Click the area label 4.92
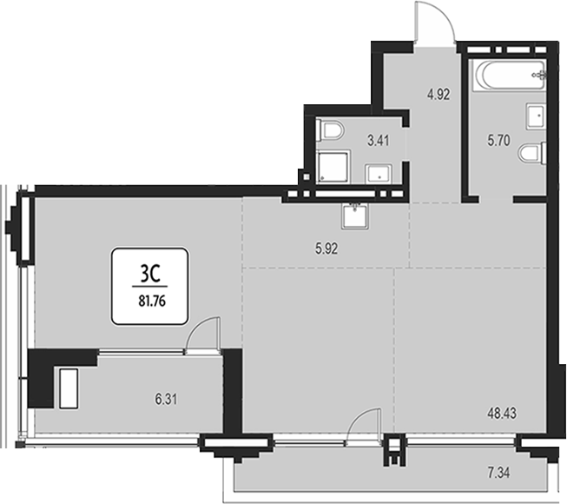tap(438, 95)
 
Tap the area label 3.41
tap(379, 141)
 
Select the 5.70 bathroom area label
tap(498, 140)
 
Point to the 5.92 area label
tap(326, 249)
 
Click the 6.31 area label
tap(166, 400)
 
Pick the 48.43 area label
tap(502, 413)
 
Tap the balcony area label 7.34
tap(498, 473)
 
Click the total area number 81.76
tap(152, 301)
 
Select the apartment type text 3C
tap(150, 275)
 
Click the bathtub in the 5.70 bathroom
tap(510, 76)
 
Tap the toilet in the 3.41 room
tap(330, 130)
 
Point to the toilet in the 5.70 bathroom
tap(532, 154)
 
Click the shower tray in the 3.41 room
tap(333, 167)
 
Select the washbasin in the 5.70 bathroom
tap(536, 116)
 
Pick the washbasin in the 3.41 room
tap(379, 174)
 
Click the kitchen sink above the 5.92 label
tap(355, 216)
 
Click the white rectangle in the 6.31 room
tap(69, 388)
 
